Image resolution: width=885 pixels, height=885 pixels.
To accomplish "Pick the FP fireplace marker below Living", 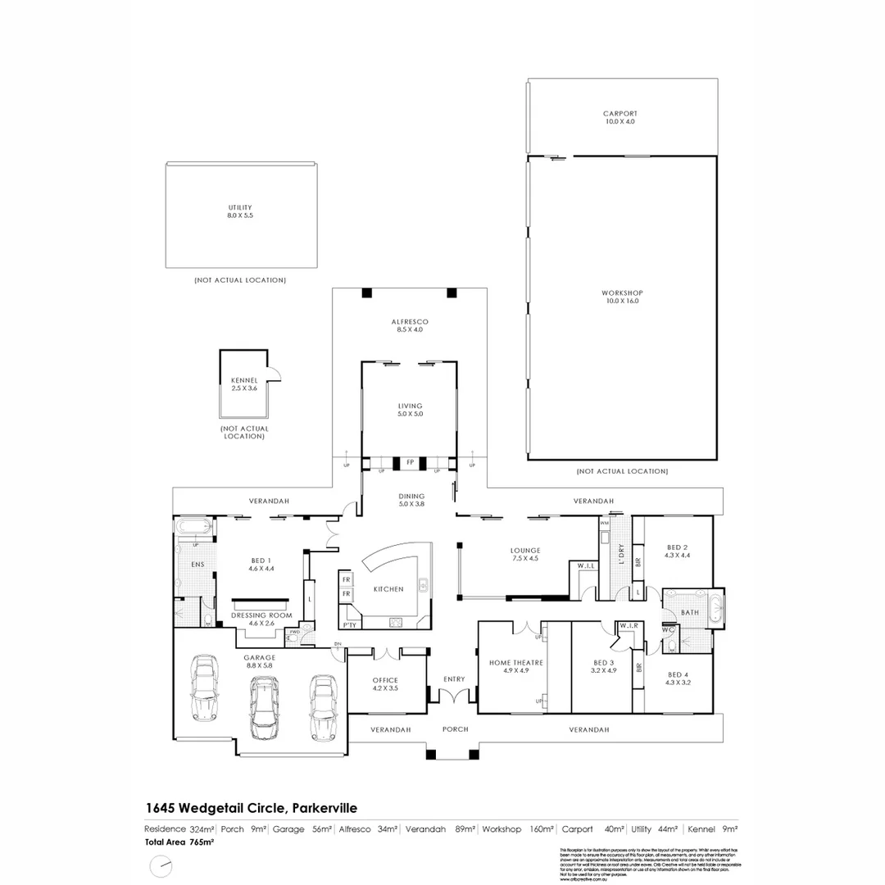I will coord(409,463).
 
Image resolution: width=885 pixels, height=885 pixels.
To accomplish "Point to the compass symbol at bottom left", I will coord(161,865).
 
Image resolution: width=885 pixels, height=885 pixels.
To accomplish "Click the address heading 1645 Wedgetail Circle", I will coord(251,807).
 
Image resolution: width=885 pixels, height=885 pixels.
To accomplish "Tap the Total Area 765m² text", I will coord(179,842).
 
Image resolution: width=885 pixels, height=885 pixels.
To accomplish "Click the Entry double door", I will coord(454,695).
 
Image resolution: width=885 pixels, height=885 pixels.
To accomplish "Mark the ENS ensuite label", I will coord(197,565).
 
